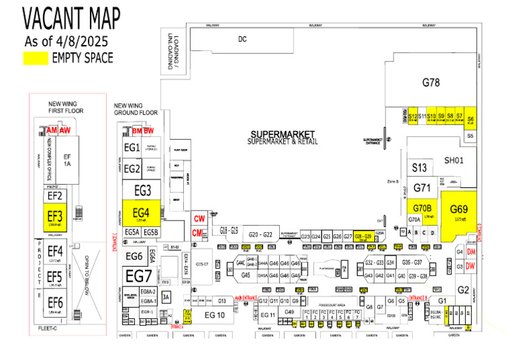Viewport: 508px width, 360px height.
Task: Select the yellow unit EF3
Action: tap(55, 216)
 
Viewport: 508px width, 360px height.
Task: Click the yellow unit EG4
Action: tap(141, 212)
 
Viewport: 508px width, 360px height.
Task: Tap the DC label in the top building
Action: tap(242, 39)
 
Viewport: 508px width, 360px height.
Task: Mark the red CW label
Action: tap(199, 219)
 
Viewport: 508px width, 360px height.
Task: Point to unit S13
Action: tap(420, 168)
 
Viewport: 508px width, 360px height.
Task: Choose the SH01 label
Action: tap(454, 161)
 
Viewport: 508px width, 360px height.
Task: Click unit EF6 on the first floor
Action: tap(55, 302)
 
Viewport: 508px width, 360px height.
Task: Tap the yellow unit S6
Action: tap(471, 119)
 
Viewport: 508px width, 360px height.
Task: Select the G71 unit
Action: tap(422, 188)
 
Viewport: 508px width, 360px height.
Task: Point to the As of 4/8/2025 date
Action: tap(66, 41)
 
